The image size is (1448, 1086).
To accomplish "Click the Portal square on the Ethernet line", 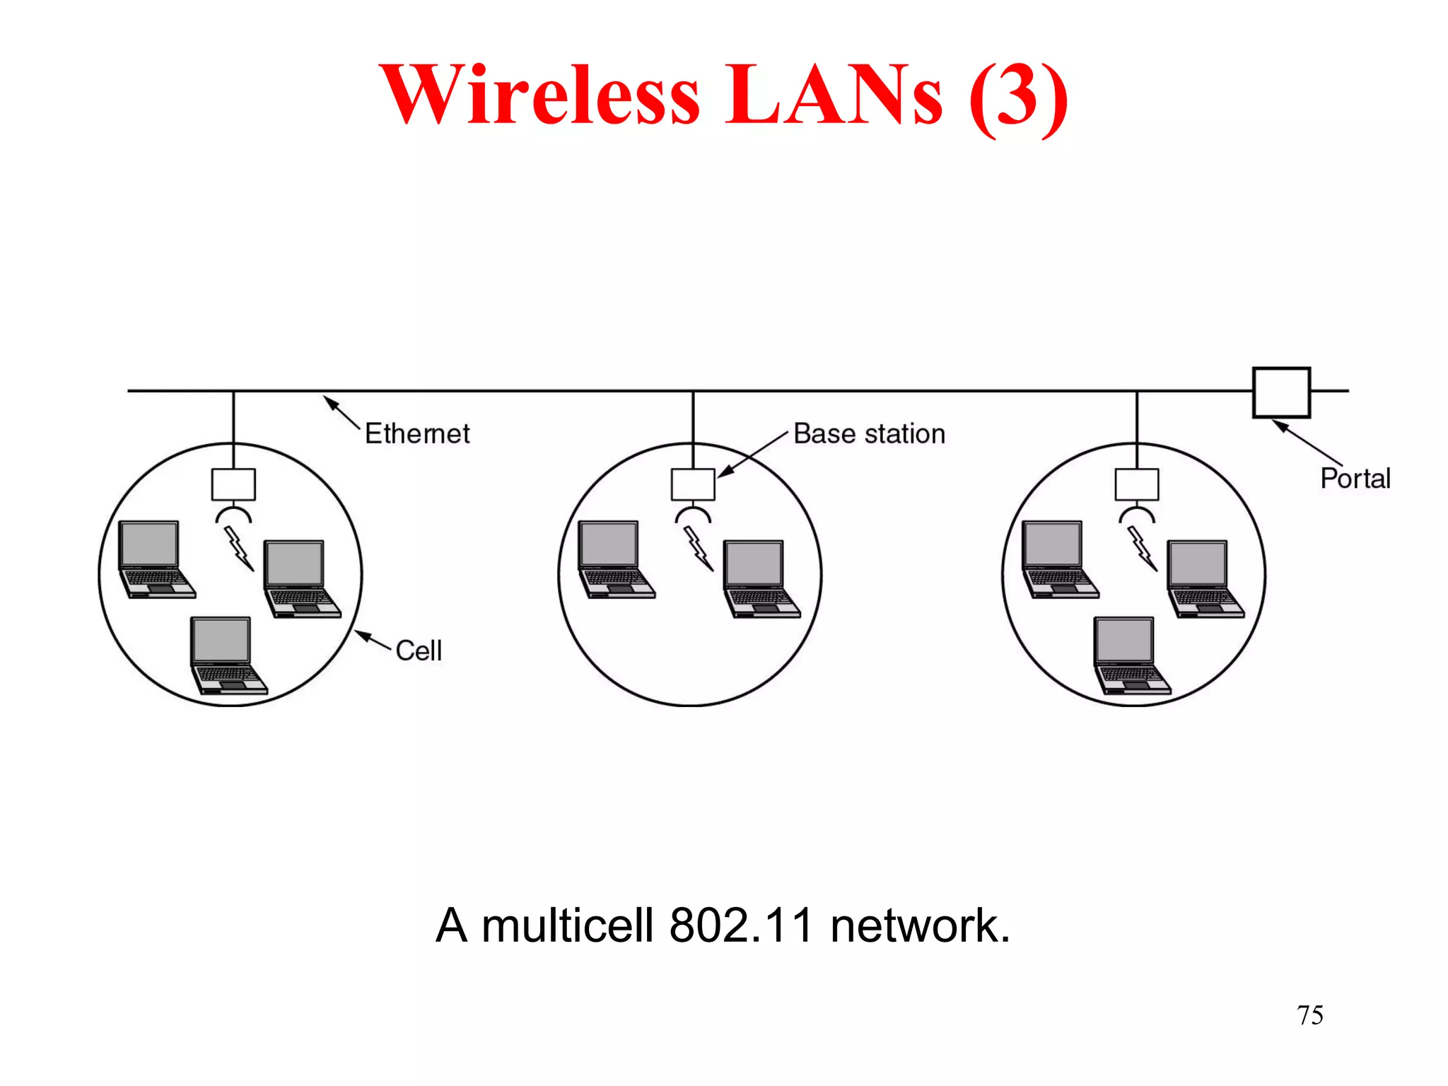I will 1280,392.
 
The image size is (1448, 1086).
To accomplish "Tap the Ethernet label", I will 417,433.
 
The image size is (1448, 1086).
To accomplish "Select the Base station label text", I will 869,433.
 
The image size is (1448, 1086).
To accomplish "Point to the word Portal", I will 1355,479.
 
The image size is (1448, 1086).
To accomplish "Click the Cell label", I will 419,650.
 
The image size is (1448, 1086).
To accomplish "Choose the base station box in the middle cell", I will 693,484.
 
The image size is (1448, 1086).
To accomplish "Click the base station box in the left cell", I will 233,484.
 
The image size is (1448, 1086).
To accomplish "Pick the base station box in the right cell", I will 1136,484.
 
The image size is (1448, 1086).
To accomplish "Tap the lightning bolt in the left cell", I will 239,548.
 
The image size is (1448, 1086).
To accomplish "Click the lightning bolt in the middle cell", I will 699,548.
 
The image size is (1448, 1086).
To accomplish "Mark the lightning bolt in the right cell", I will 1142,548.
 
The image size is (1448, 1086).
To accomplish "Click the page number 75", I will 1309,1015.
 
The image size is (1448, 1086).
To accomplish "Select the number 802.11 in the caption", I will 741,926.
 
